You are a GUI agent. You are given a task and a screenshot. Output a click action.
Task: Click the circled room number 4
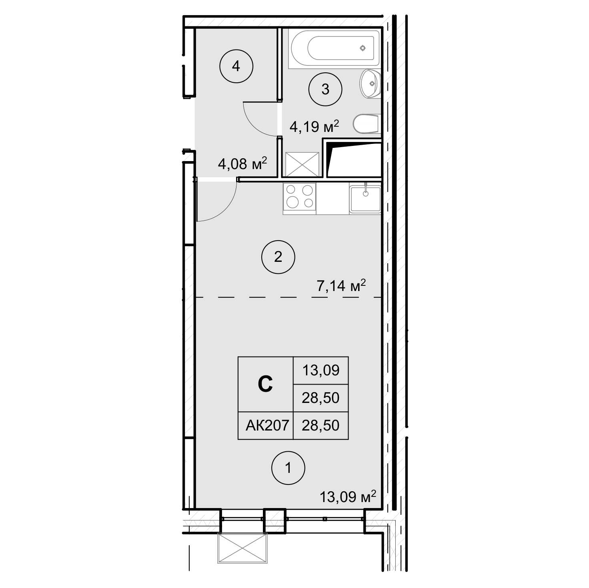[x=236, y=66]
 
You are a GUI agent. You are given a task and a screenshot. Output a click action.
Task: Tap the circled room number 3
[x=325, y=90]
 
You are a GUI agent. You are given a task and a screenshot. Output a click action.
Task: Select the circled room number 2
[x=278, y=257]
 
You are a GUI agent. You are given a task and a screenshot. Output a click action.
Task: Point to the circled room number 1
[x=288, y=468]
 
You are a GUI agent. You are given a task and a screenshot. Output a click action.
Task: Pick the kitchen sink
[x=365, y=199]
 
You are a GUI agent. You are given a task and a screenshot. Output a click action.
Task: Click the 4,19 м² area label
[x=314, y=126]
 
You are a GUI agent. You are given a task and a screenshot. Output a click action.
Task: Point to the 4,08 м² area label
[x=242, y=163]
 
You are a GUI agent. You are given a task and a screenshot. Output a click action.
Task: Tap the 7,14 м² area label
[x=341, y=285]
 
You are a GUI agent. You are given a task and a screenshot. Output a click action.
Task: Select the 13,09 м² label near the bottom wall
[x=348, y=497]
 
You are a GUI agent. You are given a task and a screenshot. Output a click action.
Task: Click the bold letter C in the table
[x=265, y=384]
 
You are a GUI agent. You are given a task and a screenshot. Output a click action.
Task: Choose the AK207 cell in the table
[x=267, y=425]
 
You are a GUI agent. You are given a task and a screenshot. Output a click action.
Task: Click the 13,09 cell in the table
[x=321, y=370]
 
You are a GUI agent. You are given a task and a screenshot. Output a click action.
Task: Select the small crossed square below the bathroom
[x=302, y=165]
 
